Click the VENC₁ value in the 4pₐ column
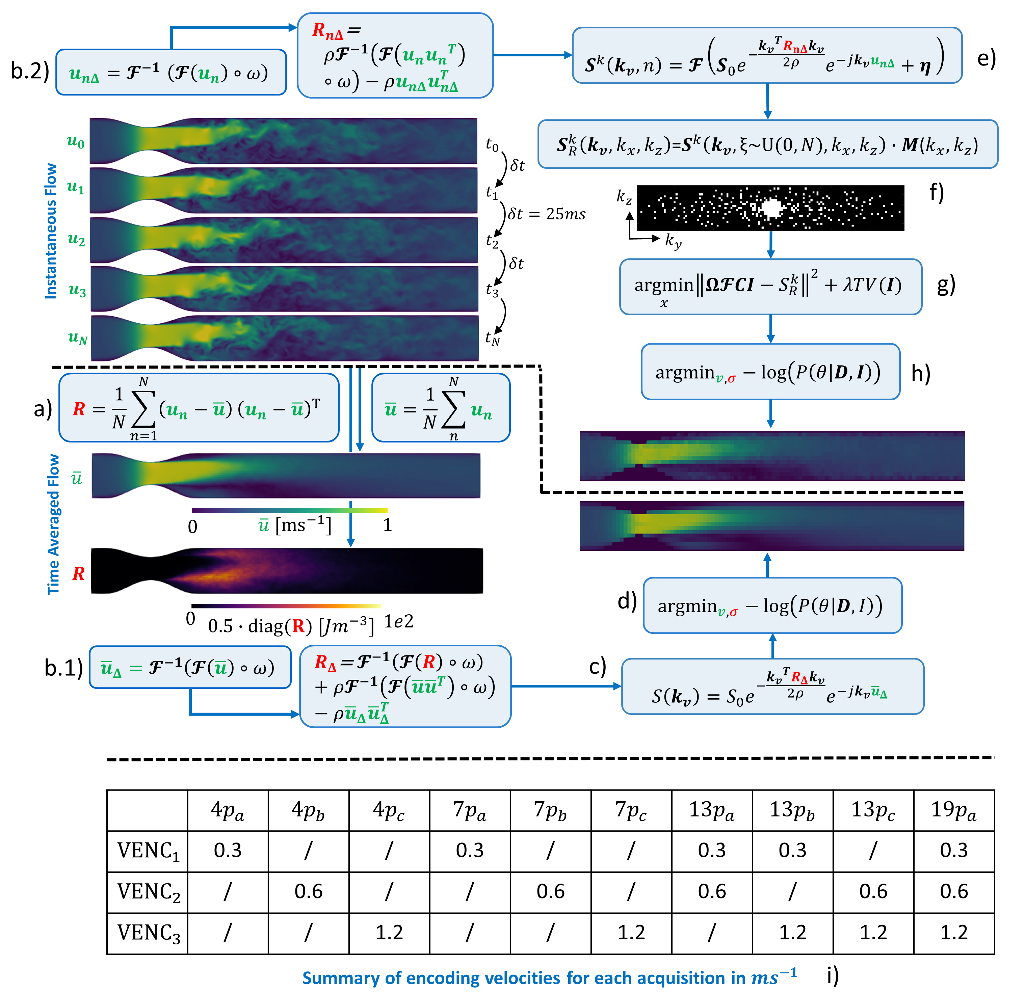(x=228, y=850)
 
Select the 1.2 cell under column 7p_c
(x=631, y=932)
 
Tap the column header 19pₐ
(x=953, y=809)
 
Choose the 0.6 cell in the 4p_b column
(x=309, y=891)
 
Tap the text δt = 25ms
(x=547, y=214)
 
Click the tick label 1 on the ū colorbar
(x=387, y=525)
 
